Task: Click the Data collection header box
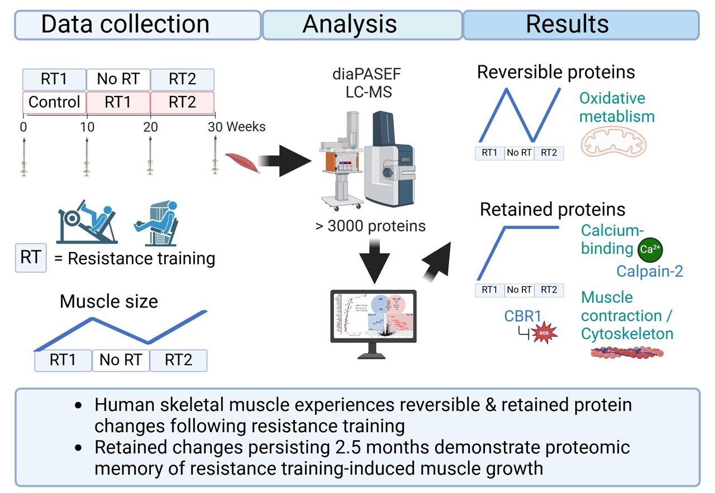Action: (x=137, y=25)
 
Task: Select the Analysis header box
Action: (x=362, y=25)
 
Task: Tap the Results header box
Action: (x=581, y=25)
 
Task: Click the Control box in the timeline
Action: (x=54, y=103)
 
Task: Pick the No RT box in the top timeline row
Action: (x=118, y=80)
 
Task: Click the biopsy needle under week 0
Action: (x=23, y=157)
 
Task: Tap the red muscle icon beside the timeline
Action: (x=242, y=163)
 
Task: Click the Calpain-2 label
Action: (x=650, y=271)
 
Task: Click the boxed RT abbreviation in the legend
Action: (x=31, y=258)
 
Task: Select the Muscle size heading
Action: (x=108, y=302)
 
